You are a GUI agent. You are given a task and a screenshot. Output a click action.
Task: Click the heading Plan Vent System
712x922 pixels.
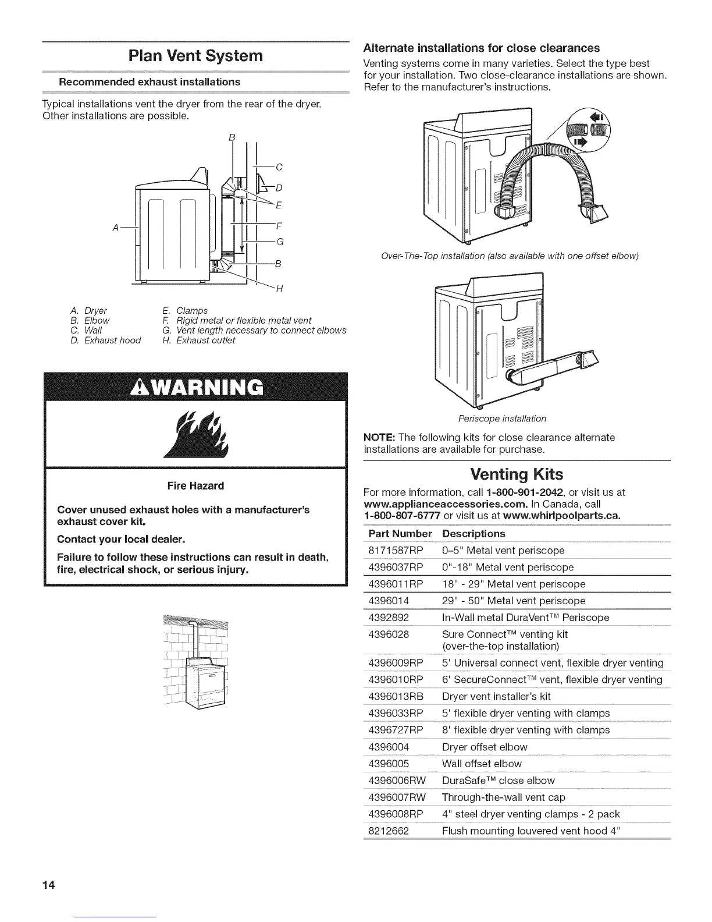pyautogui.click(x=195, y=56)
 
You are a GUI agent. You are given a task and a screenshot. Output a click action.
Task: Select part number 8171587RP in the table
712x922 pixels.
pyautogui.click(x=396, y=551)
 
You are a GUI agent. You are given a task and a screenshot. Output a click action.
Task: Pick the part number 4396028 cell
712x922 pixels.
pyautogui.click(x=389, y=634)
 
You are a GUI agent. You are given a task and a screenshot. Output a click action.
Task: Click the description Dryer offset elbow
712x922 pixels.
pyautogui.click(x=485, y=747)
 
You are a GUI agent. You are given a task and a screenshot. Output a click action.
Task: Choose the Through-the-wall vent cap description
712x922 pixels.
pyautogui.click(x=503, y=797)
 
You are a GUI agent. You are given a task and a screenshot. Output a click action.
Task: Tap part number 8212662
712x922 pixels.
pyautogui.click(x=389, y=831)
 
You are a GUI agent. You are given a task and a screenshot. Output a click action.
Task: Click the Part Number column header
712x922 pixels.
pyautogui.click(x=400, y=534)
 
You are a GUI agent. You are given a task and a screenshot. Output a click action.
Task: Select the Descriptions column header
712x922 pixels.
pyautogui.click(x=474, y=534)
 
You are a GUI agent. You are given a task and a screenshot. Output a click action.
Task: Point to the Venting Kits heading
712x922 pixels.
pyautogui.click(x=516, y=473)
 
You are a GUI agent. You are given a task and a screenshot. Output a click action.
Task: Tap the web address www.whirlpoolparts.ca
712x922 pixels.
pyautogui.click(x=561, y=516)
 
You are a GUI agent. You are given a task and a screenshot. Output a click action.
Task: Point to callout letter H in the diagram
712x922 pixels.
pyautogui.click(x=279, y=290)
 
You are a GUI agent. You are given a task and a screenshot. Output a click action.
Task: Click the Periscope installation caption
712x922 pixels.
pyautogui.click(x=502, y=419)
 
